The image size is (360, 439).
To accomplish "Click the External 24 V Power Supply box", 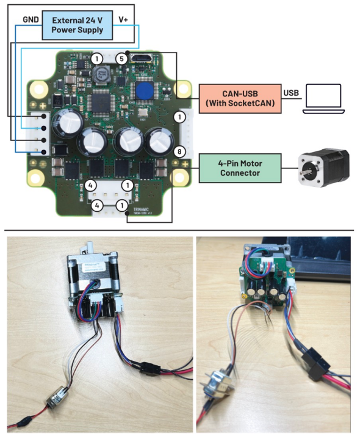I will point(77,24).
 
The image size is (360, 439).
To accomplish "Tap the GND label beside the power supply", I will point(31,20).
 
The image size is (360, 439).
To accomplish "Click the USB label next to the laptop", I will point(291,92).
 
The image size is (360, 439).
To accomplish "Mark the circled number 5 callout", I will point(122,59).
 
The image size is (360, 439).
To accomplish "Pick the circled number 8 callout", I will point(179,151).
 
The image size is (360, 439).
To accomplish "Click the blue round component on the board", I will point(144,91).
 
